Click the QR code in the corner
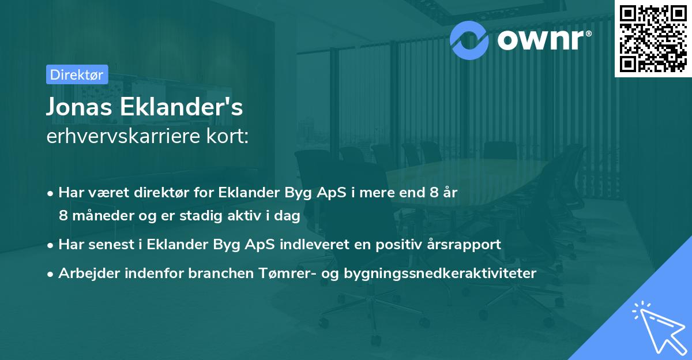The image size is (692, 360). [653, 38]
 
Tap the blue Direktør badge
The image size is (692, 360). [76, 74]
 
